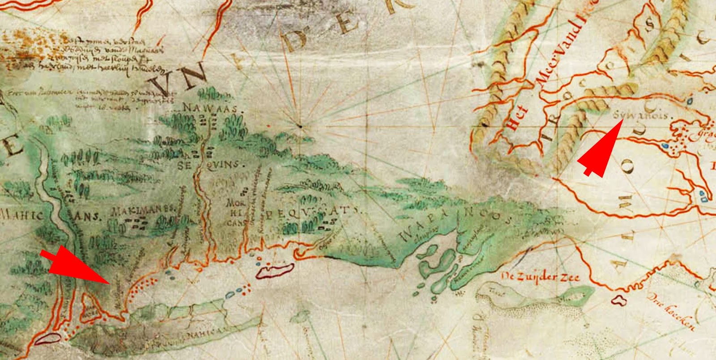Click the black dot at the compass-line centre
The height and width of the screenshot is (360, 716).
pos(301,126)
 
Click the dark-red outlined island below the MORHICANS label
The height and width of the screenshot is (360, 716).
pos(274,270)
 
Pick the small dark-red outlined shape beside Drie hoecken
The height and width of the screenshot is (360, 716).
pos(620,301)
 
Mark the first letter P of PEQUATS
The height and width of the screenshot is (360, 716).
pos(270,215)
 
